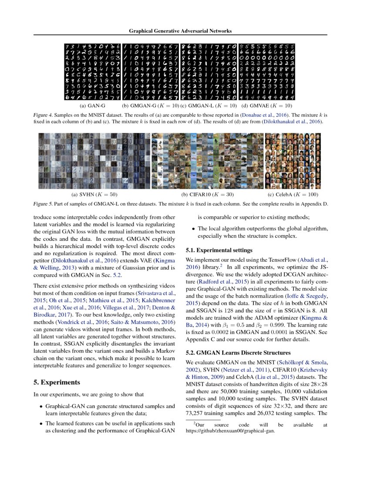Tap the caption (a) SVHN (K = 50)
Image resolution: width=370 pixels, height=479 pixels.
coord(94,194)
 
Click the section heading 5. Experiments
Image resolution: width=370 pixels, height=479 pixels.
coord(57,382)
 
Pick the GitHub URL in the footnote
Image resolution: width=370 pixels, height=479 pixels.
coord(230,432)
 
